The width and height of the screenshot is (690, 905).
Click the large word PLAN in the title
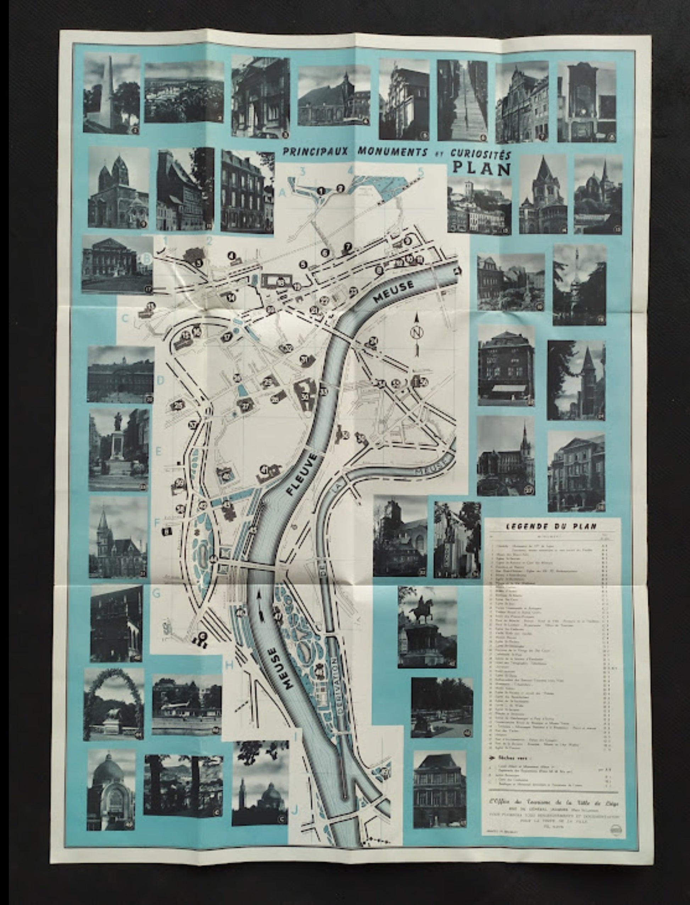(482, 169)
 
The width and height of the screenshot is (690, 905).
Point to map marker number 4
(231, 256)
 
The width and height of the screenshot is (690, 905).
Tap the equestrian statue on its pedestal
(423, 622)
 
